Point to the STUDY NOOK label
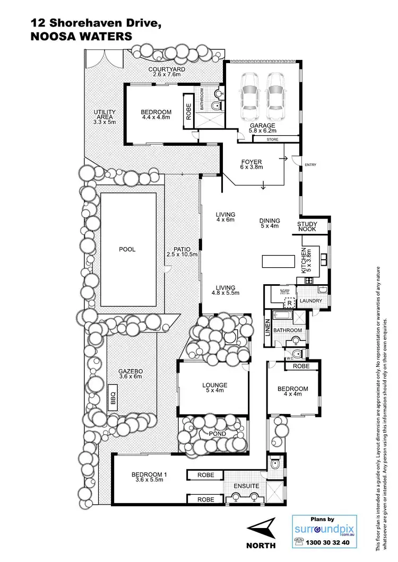coord(307,227)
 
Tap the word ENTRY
coord(310,165)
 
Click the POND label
coord(217,434)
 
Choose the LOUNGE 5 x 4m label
coord(215,388)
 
